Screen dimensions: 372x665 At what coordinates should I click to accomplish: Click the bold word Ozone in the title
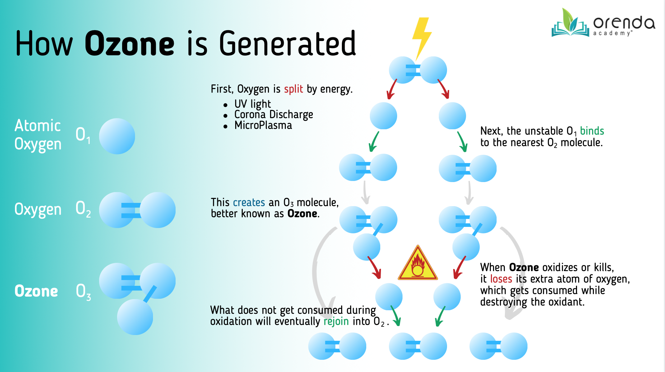pyautogui.click(x=130, y=44)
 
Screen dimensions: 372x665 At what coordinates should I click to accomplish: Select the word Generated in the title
pyautogui.click(x=287, y=44)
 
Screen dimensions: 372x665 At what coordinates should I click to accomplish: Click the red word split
pyautogui.click(x=293, y=89)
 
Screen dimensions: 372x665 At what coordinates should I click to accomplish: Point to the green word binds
pyautogui.click(x=592, y=131)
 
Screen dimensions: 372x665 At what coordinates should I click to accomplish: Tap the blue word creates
pyautogui.click(x=249, y=203)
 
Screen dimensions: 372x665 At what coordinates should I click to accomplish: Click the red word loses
pyautogui.click(x=501, y=279)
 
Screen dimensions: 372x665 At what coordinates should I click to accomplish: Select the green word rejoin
pyautogui.click(x=336, y=321)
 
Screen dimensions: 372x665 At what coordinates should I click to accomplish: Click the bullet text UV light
pyautogui.click(x=252, y=104)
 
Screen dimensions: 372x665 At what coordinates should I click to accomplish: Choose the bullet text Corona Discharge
pyautogui.click(x=274, y=115)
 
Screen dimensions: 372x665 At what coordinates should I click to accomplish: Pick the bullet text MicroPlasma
pyautogui.click(x=263, y=125)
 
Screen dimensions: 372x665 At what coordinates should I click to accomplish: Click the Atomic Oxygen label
pyautogui.click(x=38, y=135)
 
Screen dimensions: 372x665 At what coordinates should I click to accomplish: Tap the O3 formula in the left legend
pyautogui.click(x=83, y=292)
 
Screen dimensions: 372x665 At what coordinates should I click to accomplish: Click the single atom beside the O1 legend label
pyautogui.click(x=117, y=136)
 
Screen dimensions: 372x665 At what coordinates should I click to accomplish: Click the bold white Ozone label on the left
pyautogui.click(x=36, y=291)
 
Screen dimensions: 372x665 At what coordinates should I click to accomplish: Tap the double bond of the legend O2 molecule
pyautogui.click(x=131, y=210)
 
